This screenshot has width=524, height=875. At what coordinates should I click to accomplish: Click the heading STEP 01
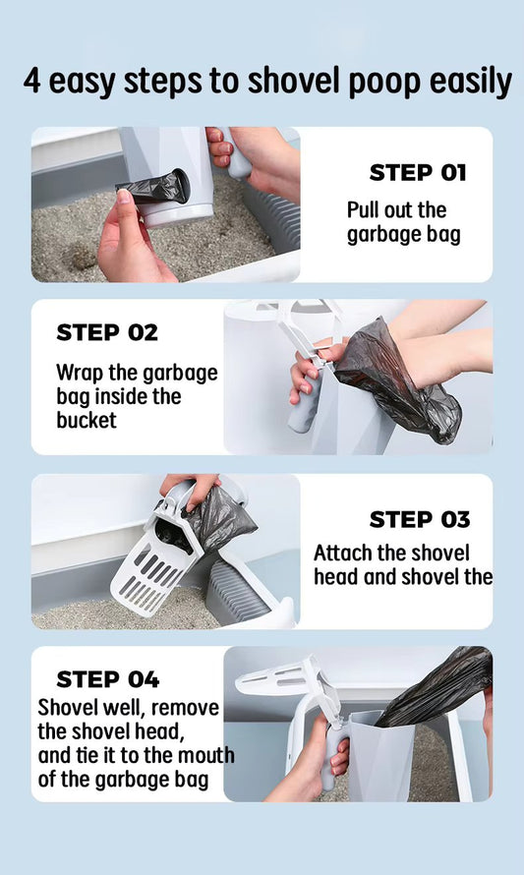(417, 173)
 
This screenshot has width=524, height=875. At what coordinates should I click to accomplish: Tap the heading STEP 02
(106, 332)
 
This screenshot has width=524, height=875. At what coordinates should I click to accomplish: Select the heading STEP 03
(419, 520)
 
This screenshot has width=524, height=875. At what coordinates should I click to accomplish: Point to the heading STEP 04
(107, 679)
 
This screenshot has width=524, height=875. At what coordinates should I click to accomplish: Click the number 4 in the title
(33, 82)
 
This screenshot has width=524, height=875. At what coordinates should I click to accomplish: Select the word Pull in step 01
(366, 209)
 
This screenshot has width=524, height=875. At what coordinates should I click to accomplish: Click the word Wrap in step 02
(79, 373)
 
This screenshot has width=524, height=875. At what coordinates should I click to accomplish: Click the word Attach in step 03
(342, 553)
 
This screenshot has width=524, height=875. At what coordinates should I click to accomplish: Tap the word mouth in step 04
(204, 756)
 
